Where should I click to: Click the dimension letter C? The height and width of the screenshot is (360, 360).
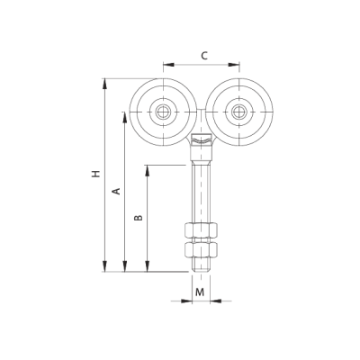[x=204, y=56]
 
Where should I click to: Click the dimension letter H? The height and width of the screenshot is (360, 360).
[x=95, y=174]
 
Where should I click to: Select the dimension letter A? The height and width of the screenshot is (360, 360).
[x=116, y=191]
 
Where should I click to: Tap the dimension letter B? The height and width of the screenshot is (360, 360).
[x=138, y=218]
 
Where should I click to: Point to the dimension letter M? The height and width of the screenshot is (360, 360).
[x=200, y=292]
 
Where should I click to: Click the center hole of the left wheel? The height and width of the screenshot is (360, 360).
[x=163, y=112]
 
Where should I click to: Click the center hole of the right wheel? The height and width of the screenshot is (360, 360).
[x=238, y=112]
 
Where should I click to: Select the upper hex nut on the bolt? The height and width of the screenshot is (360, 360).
[x=201, y=230]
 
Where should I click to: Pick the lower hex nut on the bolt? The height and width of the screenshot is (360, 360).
[x=201, y=249]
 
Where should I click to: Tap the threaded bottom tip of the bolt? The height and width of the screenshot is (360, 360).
[x=201, y=265]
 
